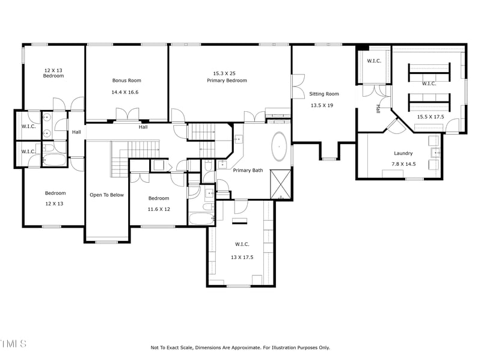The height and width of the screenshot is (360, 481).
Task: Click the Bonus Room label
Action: [126, 81]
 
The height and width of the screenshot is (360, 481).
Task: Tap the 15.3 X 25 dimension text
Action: [227, 73]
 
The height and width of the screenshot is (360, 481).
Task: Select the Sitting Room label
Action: [324, 94]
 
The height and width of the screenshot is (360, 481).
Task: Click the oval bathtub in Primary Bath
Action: [280, 146]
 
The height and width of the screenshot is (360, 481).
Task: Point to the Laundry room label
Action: [403, 153]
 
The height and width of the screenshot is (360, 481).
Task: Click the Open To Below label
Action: [107, 195]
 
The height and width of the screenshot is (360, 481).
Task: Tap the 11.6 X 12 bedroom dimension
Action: [159, 209]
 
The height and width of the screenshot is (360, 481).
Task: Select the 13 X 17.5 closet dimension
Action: [242, 257]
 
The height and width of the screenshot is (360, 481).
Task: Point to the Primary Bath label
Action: [248, 170]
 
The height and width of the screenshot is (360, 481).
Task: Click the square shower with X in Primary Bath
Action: [280, 185]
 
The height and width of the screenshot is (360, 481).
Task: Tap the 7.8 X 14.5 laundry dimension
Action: [403, 164]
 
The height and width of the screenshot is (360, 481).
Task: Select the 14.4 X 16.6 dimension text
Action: [125, 92]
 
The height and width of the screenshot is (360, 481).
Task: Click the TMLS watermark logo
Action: [13, 344]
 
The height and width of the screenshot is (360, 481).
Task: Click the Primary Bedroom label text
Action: [227, 81]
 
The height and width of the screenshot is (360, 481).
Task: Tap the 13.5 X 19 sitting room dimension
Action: [322, 105]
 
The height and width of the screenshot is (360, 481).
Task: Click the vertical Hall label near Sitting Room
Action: [378, 109]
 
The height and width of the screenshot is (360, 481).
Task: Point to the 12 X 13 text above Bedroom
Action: [53, 70]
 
